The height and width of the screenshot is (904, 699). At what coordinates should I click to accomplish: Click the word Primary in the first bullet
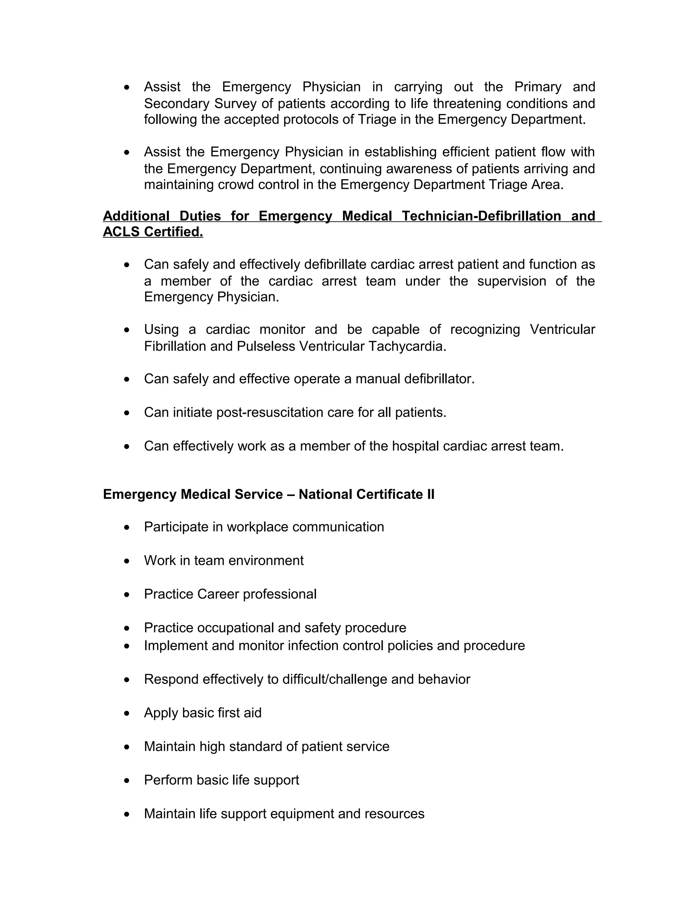(x=538, y=87)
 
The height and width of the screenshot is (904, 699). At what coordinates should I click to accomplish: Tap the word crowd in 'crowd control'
(x=236, y=185)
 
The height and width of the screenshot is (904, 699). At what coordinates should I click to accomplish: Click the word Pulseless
(x=266, y=346)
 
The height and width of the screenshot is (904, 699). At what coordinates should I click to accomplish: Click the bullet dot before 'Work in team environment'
(x=127, y=561)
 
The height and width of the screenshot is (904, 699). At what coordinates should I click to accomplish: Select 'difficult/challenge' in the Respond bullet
(x=334, y=679)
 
